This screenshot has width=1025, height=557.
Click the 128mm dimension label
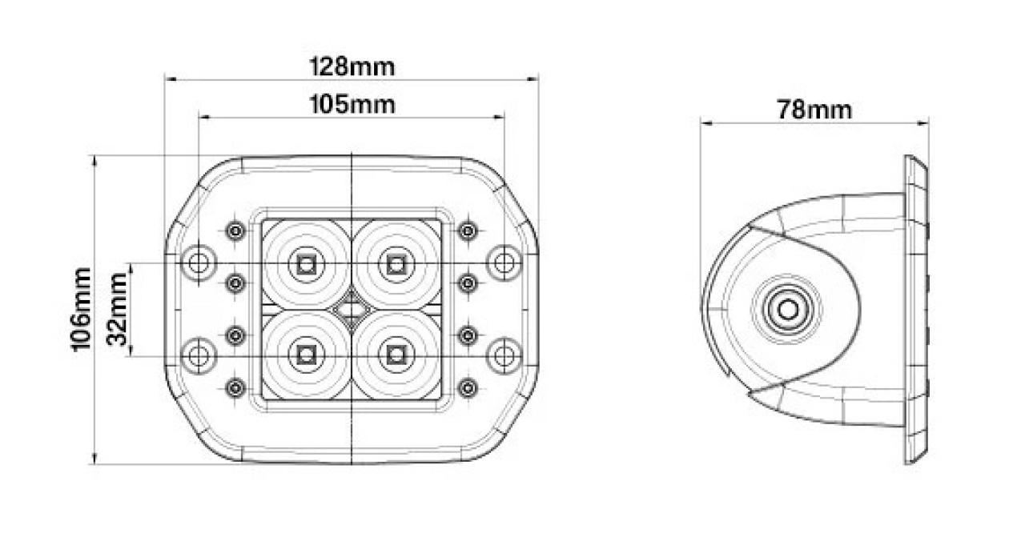pyautogui.click(x=352, y=66)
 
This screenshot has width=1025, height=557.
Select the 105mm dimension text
pyautogui.click(x=352, y=104)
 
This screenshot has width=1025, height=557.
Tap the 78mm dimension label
pyautogui.click(x=814, y=110)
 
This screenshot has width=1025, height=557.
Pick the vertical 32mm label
pyautogui.click(x=119, y=308)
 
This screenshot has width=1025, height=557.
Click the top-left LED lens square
pyautogui.click(x=305, y=263)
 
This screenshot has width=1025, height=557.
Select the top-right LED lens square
pyautogui.click(x=394, y=263)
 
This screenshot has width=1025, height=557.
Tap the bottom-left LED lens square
pyautogui.click(x=305, y=353)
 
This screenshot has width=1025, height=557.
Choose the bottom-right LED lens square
pyautogui.click(x=394, y=353)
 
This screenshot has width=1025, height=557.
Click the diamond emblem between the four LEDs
pyautogui.click(x=350, y=308)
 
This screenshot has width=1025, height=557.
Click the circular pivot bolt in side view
pyautogui.click(x=788, y=308)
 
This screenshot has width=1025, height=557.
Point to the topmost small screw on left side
pyautogui.click(x=235, y=231)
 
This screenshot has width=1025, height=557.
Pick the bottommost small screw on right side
pyautogui.click(x=467, y=388)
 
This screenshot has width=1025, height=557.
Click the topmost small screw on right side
pyautogui.click(x=467, y=231)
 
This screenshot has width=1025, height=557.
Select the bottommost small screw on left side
pyautogui.click(x=235, y=388)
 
